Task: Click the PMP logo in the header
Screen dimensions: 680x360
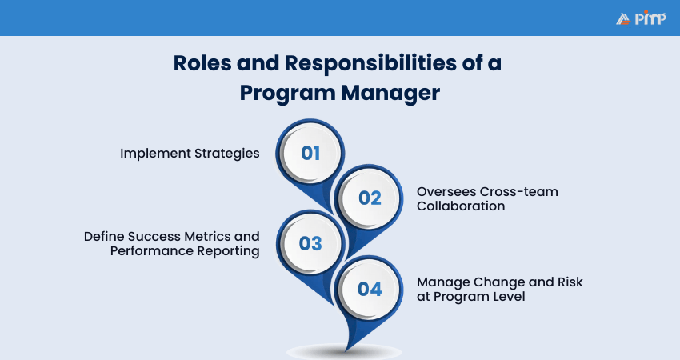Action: point(641,18)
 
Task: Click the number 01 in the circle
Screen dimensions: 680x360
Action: point(310,153)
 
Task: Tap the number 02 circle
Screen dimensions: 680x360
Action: point(370,198)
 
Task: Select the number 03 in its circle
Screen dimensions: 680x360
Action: point(310,244)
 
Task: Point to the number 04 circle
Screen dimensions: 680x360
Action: point(370,289)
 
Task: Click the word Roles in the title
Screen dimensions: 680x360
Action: point(202,63)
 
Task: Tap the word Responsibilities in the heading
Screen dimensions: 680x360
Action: point(370,63)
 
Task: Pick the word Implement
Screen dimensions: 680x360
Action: point(155,154)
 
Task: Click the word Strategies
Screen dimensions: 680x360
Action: point(227,154)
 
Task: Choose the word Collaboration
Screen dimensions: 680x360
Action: point(461,206)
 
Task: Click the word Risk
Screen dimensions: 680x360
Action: point(570,282)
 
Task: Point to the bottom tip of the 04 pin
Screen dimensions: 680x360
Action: point(346,351)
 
